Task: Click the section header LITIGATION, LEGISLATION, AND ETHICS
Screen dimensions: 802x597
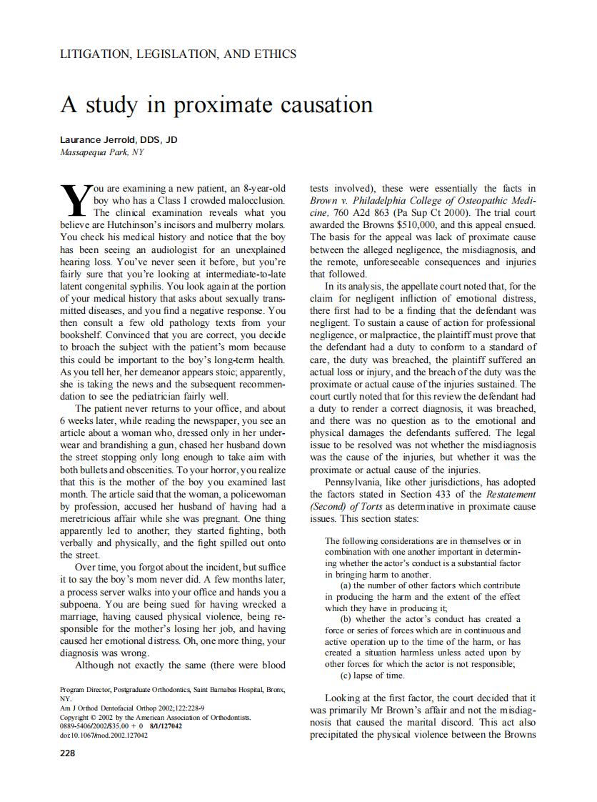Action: pyautogui.click(x=178, y=54)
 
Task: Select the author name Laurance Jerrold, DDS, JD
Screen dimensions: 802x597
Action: pyautogui.click(x=119, y=139)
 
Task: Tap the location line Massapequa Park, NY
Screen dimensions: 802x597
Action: pyautogui.click(x=101, y=152)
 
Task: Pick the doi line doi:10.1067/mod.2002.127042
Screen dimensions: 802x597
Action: pyautogui.click(x=104, y=734)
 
